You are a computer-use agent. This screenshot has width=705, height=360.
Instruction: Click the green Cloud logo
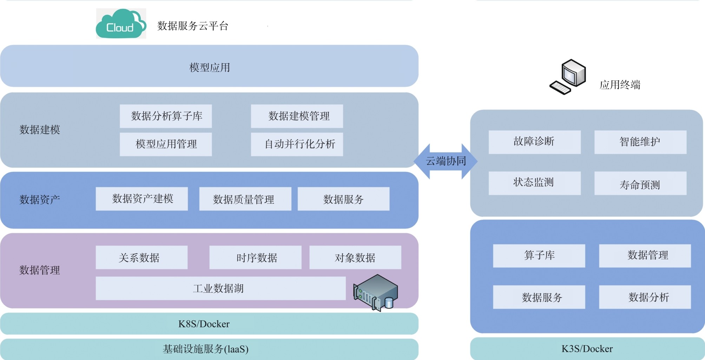click(x=121, y=24)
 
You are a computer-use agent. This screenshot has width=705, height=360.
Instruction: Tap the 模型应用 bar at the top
click(x=209, y=66)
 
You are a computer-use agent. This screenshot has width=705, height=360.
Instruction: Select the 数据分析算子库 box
click(x=166, y=116)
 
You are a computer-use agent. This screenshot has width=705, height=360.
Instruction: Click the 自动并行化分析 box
click(x=297, y=144)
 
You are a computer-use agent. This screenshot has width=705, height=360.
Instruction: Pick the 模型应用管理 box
click(x=166, y=144)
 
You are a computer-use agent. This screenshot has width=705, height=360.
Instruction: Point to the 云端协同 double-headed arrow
click(x=446, y=161)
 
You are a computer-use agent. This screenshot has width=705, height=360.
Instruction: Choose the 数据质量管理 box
click(x=245, y=199)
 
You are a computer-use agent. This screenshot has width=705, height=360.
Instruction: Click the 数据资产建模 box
click(x=142, y=199)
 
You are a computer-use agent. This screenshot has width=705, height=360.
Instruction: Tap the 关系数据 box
click(x=141, y=257)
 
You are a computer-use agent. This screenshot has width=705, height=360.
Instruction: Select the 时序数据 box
click(x=255, y=257)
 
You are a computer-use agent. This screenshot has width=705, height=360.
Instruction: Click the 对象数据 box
click(x=355, y=257)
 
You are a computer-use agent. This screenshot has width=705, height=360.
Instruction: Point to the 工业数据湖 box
click(x=221, y=288)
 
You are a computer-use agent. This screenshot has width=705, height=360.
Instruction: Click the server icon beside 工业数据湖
click(x=376, y=293)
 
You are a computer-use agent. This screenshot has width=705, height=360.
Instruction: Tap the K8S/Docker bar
click(x=209, y=324)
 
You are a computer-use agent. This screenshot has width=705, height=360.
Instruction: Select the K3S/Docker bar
click(x=587, y=349)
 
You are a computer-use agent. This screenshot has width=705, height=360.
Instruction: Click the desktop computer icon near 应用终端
click(x=568, y=77)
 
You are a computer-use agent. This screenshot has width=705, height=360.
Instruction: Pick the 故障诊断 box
click(x=535, y=142)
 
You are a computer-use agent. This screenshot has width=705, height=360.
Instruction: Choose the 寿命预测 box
click(x=640, y=183)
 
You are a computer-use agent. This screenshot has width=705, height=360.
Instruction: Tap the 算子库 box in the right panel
click(x=539, y=256)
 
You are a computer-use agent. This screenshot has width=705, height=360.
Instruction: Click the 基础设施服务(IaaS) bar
click(x=209, y=349)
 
